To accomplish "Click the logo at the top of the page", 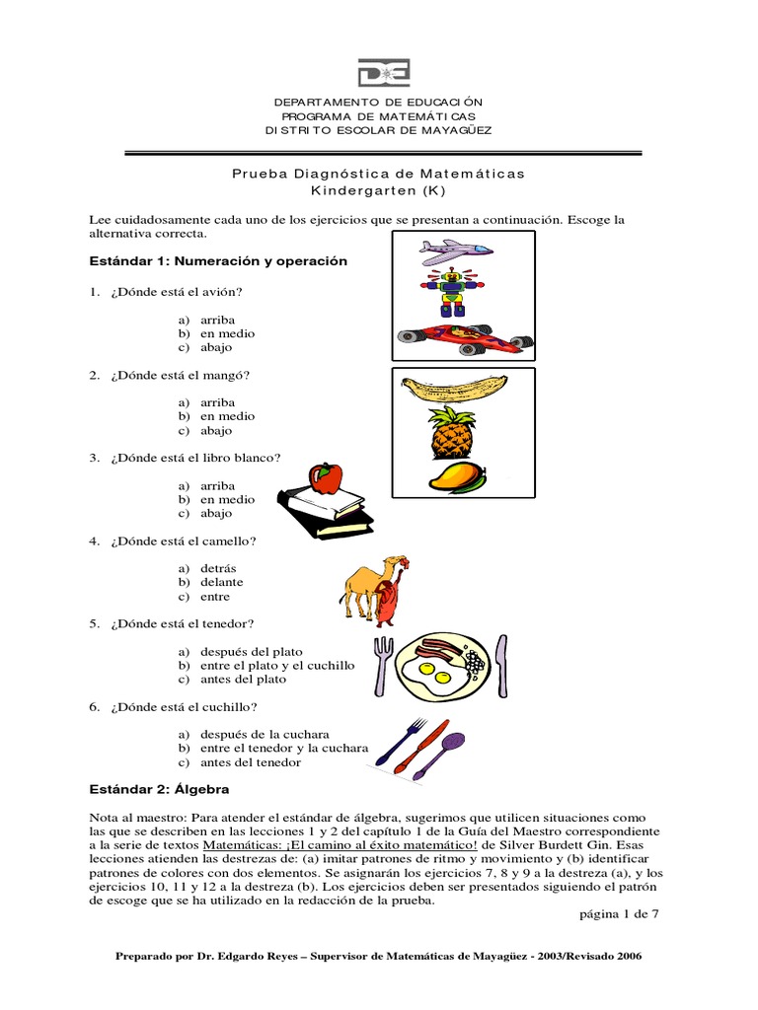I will (x=383, y=73).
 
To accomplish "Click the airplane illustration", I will (x=455, y=252).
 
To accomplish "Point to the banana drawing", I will (x=454, y=388).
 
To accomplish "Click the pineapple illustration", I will (x=452, y=433).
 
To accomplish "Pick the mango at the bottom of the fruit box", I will (x=456, y=478).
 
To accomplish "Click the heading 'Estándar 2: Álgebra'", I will (x=158, y=790).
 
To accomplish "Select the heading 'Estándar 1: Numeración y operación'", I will (x=218, y=261).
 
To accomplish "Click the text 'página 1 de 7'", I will (x=618, y=913).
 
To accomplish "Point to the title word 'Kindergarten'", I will (x=364, y=189).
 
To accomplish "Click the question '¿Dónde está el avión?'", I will (x=177, y=292).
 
